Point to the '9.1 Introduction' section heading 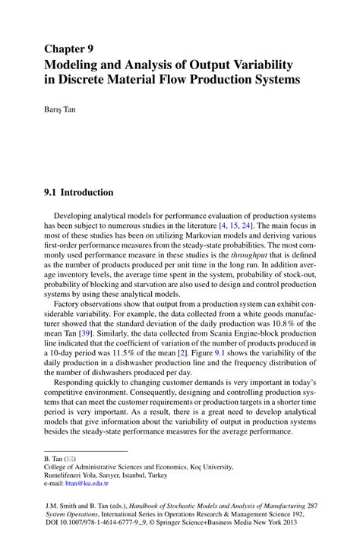coord(78,192)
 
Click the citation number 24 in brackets coord(248,226)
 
